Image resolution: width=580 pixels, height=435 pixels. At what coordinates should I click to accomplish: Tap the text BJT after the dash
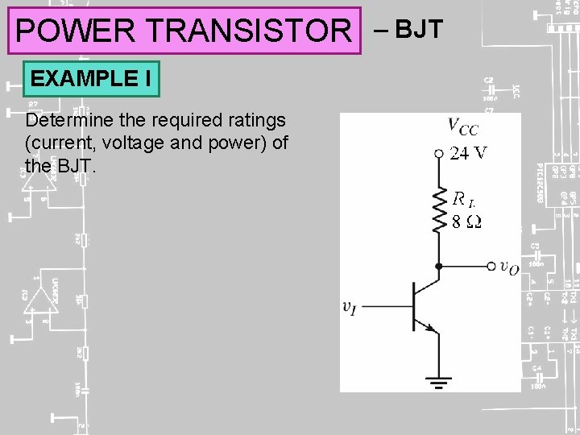419,30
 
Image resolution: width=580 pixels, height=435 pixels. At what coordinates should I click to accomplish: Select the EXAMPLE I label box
91,79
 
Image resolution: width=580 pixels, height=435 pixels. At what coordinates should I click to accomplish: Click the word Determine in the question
63,121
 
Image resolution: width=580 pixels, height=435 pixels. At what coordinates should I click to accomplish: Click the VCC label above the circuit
463,126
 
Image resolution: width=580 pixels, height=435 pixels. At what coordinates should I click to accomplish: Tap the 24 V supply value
469,153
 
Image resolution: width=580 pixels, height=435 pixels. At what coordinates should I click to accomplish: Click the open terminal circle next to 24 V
438,153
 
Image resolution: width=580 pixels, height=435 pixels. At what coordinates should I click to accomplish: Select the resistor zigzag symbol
439,210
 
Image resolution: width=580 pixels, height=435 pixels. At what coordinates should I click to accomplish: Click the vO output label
509,267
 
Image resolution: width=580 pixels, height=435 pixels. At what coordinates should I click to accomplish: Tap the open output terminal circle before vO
491,266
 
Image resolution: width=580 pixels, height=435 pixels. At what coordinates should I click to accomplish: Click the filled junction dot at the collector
439,266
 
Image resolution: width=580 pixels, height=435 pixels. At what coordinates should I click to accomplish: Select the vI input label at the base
350,306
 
